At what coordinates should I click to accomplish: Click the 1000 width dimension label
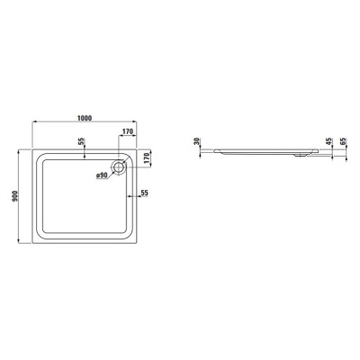click(84, 116)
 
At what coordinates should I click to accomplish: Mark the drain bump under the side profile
click(301, 156)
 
